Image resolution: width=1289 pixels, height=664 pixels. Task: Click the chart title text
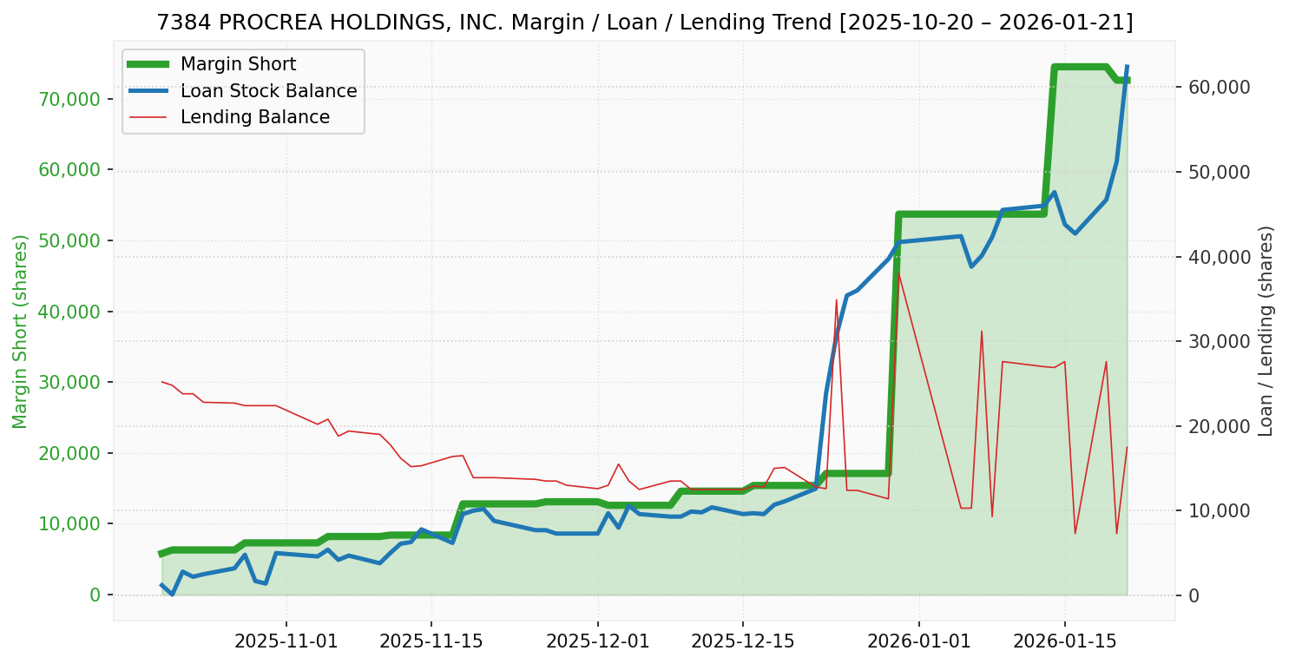(644, 23)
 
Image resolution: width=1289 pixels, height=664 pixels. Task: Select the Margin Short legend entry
(238, 64)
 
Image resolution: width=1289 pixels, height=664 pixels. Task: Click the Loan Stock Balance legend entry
(268, 91)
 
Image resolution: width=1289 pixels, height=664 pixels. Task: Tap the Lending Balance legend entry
(254, 117)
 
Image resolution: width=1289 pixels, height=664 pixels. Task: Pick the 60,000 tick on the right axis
(1214, 87)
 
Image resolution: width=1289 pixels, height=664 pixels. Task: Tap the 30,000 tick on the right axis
(1214, 341)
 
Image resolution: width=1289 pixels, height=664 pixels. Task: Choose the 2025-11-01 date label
(286, 642)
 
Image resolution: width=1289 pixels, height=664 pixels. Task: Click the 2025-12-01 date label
(597, 642)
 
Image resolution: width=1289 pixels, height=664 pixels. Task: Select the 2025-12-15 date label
(742, 642)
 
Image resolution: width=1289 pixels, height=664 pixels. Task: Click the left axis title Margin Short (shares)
(20, 331)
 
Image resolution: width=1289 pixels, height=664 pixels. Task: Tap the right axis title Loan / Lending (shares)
(1266, 331)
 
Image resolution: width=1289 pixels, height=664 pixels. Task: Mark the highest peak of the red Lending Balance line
(898, 273)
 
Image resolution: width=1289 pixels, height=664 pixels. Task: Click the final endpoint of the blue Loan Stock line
(1127, 67)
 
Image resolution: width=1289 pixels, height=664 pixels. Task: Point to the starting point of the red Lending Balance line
(161, 382)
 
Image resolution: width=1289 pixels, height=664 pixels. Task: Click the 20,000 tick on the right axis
(1214, 426)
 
